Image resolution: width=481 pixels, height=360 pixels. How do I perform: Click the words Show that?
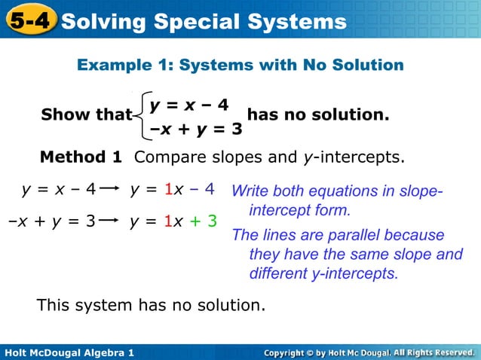(x=86, y=115)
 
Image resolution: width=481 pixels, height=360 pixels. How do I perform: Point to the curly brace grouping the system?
(x=141, y=115)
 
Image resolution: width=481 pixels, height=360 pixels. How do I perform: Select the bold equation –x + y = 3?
(x=196, y=129)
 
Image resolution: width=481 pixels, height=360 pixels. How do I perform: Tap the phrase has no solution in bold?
(x=318, y=115)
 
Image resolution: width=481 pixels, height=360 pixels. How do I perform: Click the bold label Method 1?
(x=80, y=157)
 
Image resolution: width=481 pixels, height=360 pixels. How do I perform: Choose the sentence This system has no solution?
(x=152, y=305)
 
